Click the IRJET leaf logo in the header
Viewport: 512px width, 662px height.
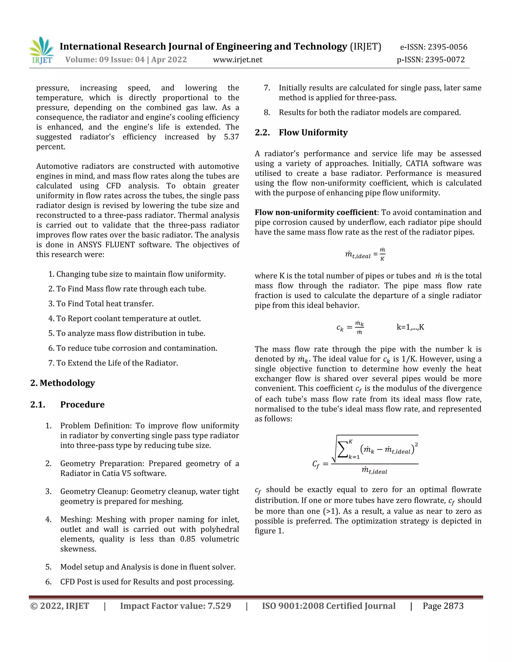click(42, 50)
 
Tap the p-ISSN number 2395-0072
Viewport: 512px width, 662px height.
click(445, 60)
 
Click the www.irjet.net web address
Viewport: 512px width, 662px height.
click(237, 60)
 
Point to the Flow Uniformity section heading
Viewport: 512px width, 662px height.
click(313, 132)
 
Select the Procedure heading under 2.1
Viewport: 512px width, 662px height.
click(82, 404)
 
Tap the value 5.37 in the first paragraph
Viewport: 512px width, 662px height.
click(231, 137)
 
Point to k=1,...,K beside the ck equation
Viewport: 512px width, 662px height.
click(410, 327)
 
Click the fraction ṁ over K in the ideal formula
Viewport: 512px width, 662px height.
click(382, 254)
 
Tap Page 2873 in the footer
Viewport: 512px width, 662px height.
click(443, 606)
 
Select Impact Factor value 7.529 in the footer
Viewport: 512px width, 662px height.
click(175, 606)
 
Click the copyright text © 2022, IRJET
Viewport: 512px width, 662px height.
click(60, 606)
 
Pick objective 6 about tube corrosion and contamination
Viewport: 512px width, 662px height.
click(133, 348)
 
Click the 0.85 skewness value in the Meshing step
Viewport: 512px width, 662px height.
click(187, 539)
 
